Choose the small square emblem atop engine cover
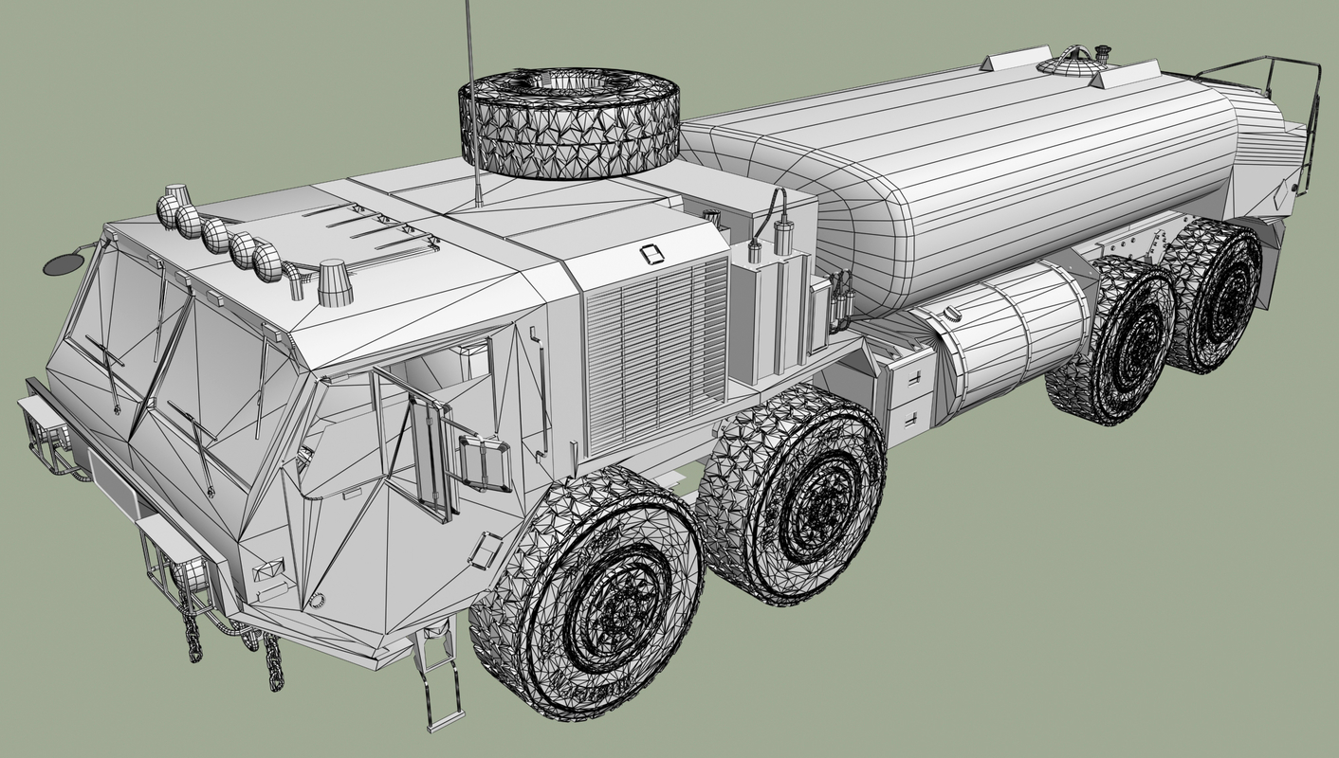651,254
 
